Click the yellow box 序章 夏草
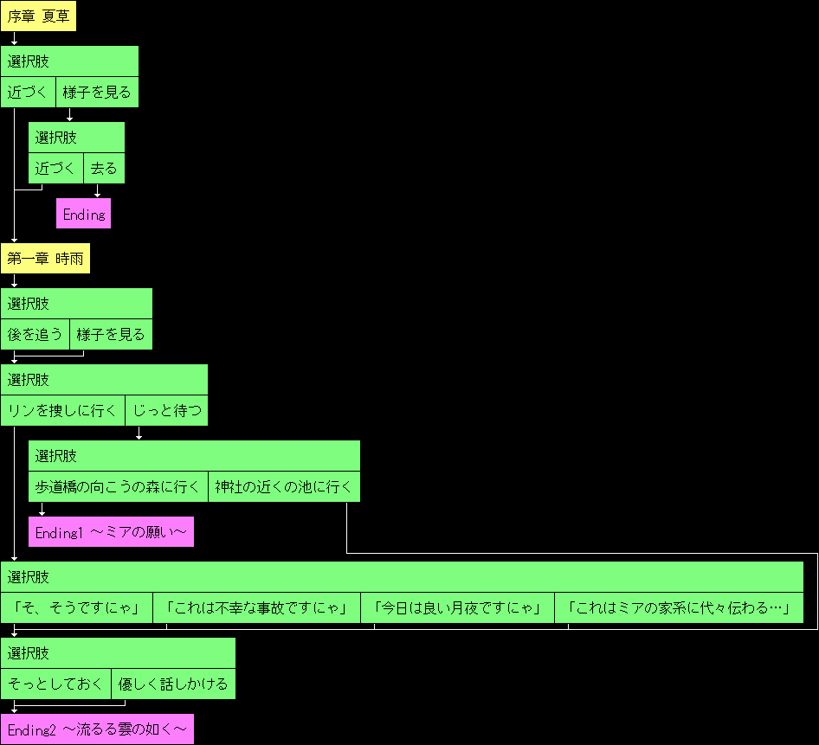coord(38,16)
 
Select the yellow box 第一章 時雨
coord(45,259)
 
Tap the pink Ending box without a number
coord(84,214)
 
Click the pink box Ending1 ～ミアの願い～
coord(111,533)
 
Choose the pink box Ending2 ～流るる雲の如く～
coord(97,730)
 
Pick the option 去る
coord(104,169)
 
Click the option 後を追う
coord(35,335)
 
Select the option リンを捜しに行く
coord(63,411)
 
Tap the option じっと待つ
coord(167,411)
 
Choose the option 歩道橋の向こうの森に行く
coord(119,487)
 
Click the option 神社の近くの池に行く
coord(284,487)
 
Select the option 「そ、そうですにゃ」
coord(77,608)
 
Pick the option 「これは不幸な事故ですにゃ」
coord(257,608)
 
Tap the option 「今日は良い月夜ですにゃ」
coord(458,608)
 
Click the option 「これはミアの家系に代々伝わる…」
coord(680,608)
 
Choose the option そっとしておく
coord(56,684)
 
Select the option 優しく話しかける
coord(173,684)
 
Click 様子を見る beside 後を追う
coord(111,335)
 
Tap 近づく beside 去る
coord(56,169)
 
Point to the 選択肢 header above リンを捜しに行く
coord(29,380)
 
